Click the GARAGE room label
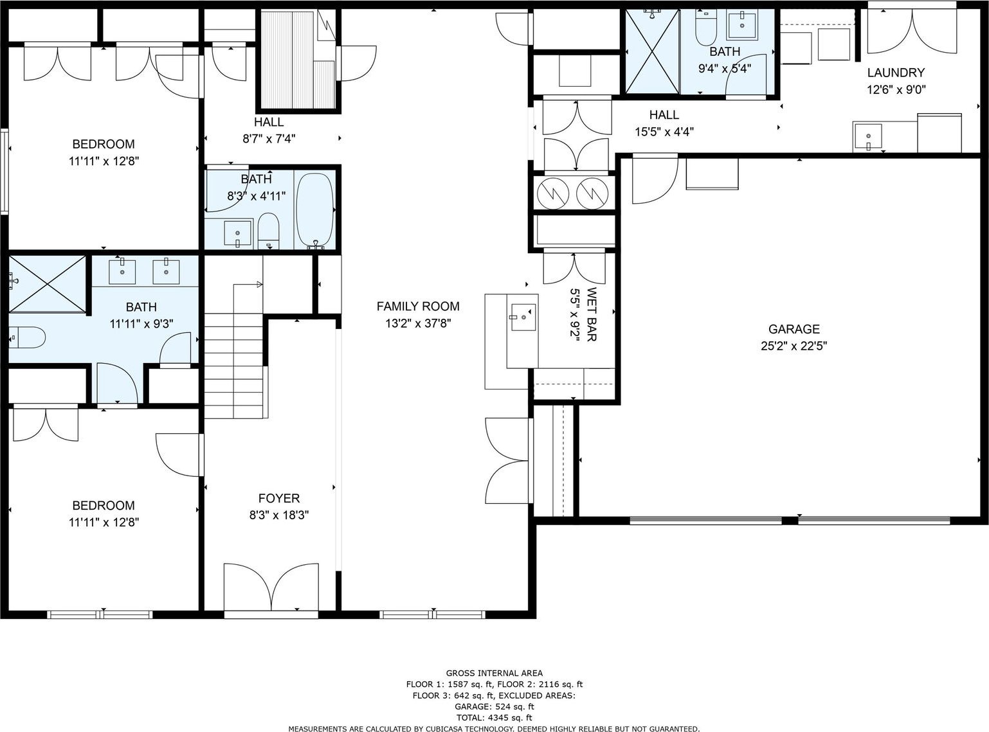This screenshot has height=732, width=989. (794, 329)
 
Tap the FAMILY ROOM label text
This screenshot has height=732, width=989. (418, 307)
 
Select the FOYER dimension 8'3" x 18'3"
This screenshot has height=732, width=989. (279, 515)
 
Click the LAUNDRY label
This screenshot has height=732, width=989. (896, 72)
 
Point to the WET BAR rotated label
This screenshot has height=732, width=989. (591, 314)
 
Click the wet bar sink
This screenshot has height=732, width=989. (523, 317)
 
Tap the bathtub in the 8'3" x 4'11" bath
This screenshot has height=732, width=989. (315, 210)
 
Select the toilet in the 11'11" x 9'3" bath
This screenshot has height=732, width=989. (27, 337)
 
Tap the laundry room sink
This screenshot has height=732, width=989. (867, 136)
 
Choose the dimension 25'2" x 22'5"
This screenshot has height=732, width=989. (794, 346)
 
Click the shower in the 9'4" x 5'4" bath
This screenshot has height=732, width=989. (652, 51)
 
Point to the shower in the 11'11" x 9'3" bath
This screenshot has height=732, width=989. (48, 284)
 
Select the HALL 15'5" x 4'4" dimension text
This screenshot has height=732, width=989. (664, 132)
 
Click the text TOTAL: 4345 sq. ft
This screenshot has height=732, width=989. (494, 718)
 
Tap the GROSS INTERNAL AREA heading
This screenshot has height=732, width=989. (494, 673)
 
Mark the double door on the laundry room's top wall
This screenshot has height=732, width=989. (912, 31)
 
